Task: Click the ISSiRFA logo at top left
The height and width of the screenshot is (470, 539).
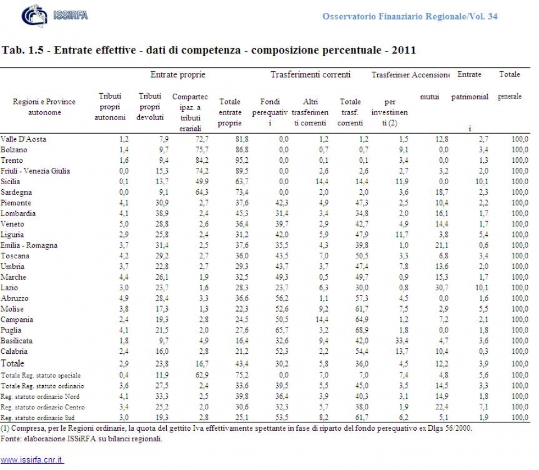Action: [x=54, y=15]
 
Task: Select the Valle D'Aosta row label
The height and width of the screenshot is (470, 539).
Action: [x=24, y=139]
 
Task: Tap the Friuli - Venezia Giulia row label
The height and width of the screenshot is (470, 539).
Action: [x=35, y=171]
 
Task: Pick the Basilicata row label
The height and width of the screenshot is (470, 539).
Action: [x=17, y=341]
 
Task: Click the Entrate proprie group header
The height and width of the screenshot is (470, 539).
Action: [x=178, y=75]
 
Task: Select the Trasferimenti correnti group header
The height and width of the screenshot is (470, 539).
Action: [x=310, y=75]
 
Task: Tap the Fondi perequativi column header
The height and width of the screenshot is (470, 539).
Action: [x=269, y=112]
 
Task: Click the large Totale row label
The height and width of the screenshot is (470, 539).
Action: [x=13, y=363]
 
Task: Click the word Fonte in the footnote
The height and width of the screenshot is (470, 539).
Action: [x=11, y=439]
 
